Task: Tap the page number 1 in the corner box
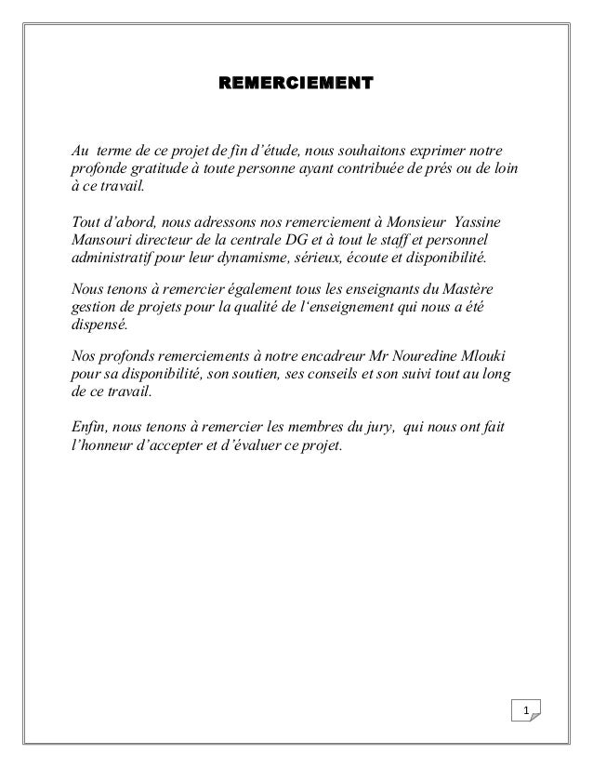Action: (x=527, y=712)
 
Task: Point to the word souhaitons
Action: (x=367, y=152)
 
